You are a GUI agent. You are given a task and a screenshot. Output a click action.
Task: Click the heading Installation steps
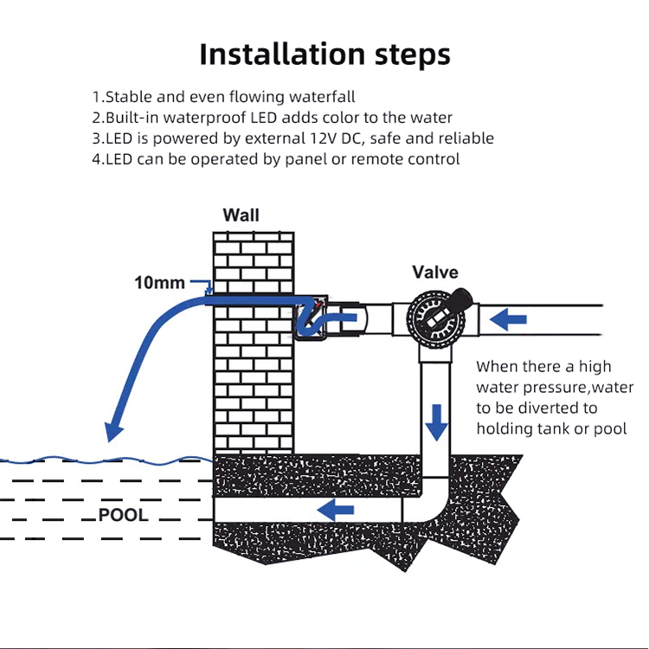coord(324,54)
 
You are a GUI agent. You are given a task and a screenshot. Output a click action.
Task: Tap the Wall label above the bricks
coord(241,215)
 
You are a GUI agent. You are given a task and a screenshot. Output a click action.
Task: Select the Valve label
coord(434,273)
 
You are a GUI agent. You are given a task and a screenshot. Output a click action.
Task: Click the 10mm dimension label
coord(159,282)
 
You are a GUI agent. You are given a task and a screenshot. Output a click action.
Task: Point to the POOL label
coord(123,516)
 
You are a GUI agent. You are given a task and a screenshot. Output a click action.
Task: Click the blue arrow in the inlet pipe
coord(509,320)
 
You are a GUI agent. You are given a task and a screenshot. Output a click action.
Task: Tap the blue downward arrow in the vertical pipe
coord(437,421)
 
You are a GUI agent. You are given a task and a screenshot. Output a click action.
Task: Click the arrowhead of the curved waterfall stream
coord(111,431)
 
